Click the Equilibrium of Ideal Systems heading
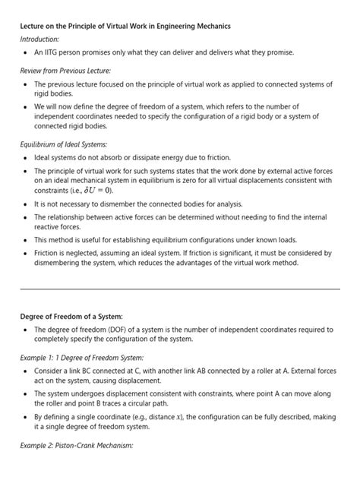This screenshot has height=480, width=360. [63, 143]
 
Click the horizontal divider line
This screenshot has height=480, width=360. [180, 289]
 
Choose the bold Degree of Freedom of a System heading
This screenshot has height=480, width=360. [75, 316]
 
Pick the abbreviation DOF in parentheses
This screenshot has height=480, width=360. [137, 330]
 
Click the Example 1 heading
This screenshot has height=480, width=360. [81, 357]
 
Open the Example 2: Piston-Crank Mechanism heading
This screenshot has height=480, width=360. [77, 445]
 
